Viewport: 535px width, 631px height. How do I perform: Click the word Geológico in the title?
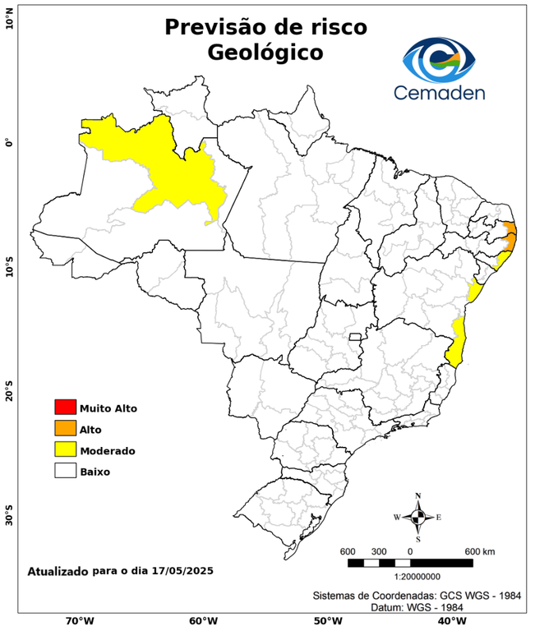(265, 53)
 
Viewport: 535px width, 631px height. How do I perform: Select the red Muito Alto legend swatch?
(65, 407)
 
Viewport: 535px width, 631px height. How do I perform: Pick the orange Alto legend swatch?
(65, 428)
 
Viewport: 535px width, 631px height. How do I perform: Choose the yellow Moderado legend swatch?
(65, 449)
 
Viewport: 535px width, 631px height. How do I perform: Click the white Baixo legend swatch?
(65, 471)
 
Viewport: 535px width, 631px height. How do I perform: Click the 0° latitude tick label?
(9, 143)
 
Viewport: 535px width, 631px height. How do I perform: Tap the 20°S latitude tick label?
(9, 391)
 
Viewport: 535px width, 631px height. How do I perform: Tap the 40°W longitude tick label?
(450, 621)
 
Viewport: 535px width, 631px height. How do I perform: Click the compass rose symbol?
(417, 517)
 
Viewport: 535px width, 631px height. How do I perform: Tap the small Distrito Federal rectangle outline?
(356, 337)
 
